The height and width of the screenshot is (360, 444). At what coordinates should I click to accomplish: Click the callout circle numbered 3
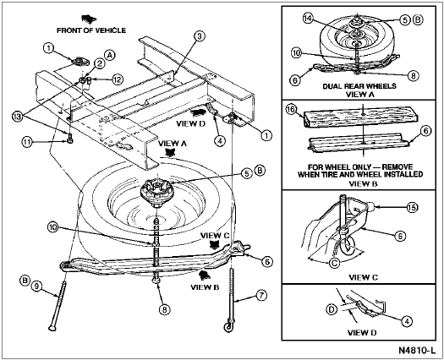[x=200, y=36]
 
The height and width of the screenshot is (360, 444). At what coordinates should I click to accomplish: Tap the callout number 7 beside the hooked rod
[x=261, y=296]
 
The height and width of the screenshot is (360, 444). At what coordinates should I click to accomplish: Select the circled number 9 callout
[x=36, y=286]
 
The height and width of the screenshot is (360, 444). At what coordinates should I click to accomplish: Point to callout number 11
[x=27, y=142]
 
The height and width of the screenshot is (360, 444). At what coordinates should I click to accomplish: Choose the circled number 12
[x=117, y=79]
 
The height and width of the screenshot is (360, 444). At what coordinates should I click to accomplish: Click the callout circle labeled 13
[x=18, y=117]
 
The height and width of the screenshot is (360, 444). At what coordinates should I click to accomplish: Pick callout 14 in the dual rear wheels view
[x=308, y=19]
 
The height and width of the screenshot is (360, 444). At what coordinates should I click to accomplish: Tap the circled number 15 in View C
[x=412, y=207]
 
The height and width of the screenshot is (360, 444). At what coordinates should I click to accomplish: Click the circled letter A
[x=110, y=55]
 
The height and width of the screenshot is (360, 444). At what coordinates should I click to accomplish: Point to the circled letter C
[x=335, y=263]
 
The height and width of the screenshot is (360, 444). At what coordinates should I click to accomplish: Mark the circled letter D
[x=332, y=309]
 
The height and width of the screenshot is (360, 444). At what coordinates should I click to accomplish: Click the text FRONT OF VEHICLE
[x=91, y=30]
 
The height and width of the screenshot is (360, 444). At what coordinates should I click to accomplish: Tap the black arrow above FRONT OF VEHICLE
[x=89, y=19]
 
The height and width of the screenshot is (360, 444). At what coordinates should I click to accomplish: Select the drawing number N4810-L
[x=417, y=350]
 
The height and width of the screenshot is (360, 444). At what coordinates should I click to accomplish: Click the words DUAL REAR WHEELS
[x=359, y=86]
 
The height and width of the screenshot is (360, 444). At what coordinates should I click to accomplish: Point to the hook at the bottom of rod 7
[x=229, y=326]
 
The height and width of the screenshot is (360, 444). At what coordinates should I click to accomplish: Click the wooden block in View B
[x=360, y=117]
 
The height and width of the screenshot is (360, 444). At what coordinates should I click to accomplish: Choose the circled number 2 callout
[x=100, y=64]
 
